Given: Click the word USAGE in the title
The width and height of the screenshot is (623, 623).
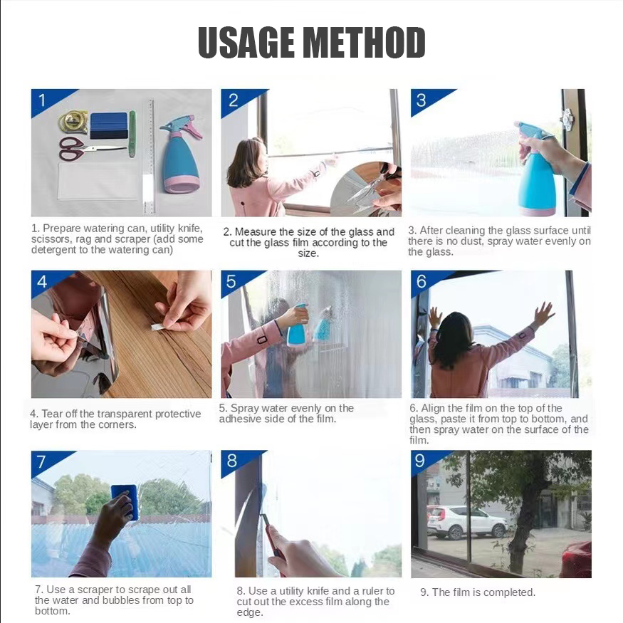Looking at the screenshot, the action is pos(246,43).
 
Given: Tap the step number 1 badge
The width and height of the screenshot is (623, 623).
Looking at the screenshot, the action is pos(42,100).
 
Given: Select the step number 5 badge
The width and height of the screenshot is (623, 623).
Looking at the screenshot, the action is pos(231,281).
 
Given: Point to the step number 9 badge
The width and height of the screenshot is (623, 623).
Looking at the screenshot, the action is pos(420,461).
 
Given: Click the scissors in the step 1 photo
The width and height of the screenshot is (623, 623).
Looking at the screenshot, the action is pos(92,149).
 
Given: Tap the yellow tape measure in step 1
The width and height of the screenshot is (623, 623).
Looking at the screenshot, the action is pos(73,122).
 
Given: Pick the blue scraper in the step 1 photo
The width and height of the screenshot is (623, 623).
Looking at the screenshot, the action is pos(109,125).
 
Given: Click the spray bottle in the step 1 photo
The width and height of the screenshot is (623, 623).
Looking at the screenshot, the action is pos(181,155).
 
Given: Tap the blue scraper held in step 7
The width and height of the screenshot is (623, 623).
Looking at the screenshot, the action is pos(125,501).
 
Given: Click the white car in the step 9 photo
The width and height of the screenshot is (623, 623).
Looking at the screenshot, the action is pos(467,522).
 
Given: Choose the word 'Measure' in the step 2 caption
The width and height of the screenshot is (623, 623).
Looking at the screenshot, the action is pos(253,231).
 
